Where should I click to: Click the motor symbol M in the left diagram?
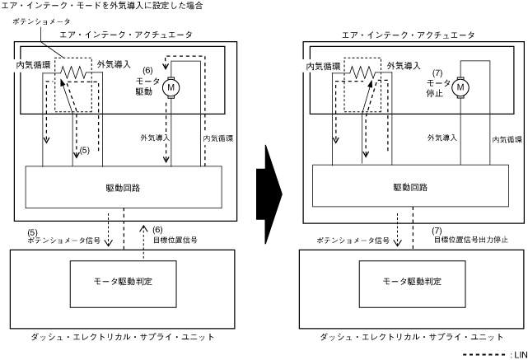coord(172,86)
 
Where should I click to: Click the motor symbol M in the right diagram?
coord(461,86)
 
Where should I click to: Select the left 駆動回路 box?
coord(124,188)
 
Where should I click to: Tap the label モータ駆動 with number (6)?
coord(148,82)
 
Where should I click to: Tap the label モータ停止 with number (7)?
coord(437,80)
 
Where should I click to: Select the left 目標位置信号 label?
coord(174,241)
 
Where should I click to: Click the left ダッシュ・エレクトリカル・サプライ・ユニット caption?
coord(123,336)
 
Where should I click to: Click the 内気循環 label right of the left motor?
coord(217,138)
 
